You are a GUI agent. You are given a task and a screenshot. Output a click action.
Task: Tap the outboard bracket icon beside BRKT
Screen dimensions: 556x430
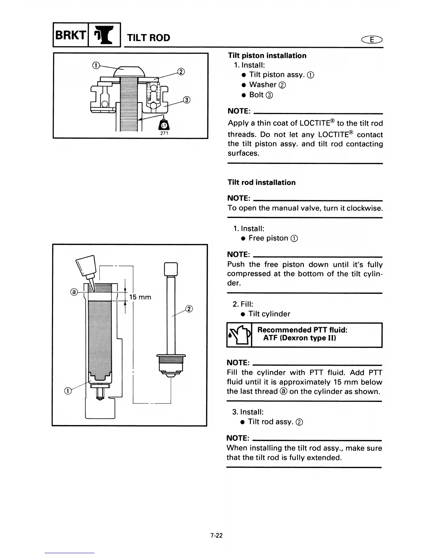click(x=104, y=35)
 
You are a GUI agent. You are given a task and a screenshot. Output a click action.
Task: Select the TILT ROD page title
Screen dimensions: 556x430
click(x=149, y=38)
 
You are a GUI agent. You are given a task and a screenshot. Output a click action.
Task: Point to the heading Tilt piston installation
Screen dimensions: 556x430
click(x=267, y=55)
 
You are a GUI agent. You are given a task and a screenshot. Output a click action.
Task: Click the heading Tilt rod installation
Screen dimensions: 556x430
click(x=261, y=183)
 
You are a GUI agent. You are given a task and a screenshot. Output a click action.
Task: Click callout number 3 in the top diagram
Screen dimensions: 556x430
click(x=187, y=100)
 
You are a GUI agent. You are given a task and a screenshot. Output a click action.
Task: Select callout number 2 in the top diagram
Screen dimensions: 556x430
click(x=181, y=72)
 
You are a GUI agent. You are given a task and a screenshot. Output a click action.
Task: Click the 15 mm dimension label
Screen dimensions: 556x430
click(x=140, y=297)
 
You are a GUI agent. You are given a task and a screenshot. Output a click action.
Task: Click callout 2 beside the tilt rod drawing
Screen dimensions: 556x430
click(x=189, y=309)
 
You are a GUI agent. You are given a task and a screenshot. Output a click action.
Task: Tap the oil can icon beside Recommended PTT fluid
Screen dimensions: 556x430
click(x=239, y=335)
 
